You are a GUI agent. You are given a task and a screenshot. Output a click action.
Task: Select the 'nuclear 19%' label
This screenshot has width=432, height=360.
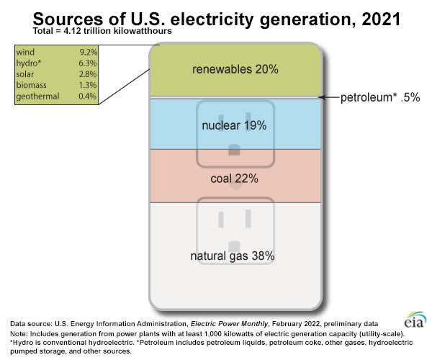click(x=234, y=125)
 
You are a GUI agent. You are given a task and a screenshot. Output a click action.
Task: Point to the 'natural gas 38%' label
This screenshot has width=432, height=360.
click(x=233, y=256)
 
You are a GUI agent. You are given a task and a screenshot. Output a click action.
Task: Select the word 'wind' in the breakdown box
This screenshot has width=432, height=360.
click(x=25, y=52)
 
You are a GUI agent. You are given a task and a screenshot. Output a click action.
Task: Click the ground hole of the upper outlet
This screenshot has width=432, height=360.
click(x=233, y=150)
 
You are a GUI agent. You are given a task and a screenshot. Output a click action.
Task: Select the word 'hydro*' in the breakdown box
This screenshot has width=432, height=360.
click(x=29, y=63)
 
